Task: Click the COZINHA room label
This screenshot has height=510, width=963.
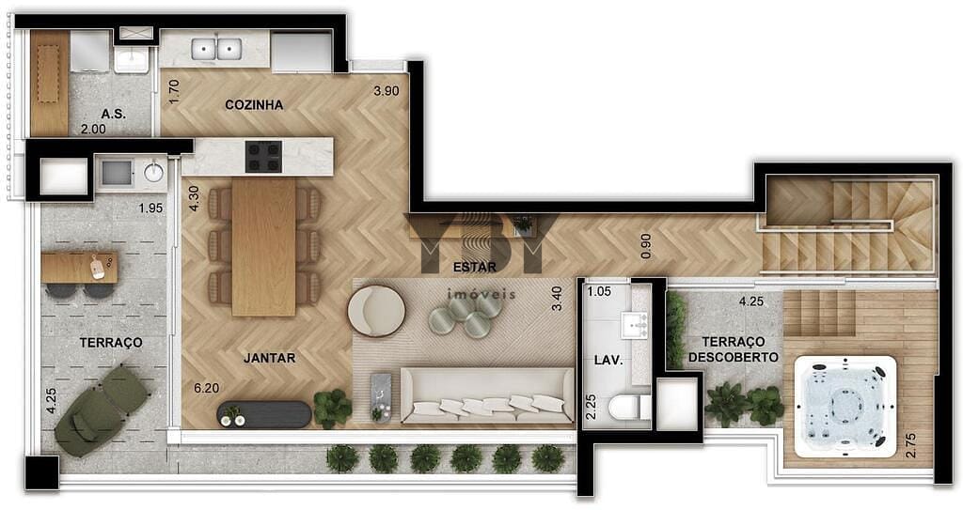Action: tap(254, 105)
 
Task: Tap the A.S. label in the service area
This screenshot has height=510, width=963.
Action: tap(113, 114)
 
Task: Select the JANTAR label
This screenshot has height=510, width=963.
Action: tap(270, 358)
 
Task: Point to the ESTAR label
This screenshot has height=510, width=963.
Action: tap(474, 267)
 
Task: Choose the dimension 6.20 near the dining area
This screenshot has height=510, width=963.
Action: tap(207, 387)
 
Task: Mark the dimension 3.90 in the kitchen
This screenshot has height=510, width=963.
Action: tap(387, 91)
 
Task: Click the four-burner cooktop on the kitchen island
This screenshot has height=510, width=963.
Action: tap(263, 157)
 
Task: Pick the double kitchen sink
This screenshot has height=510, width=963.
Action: tap(216, 49)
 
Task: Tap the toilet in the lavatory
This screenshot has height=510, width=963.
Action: tap(624, 408)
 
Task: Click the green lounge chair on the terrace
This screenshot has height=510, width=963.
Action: tap(101, 410)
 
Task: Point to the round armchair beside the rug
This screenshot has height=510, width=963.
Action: tap(376, 310)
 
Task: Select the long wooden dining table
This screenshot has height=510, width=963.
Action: tap(263, 246)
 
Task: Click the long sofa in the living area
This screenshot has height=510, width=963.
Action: tap(486, 395)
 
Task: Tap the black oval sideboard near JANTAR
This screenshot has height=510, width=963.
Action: tap(264, 414)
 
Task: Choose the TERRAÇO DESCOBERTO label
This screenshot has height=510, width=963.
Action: tap(733, 349)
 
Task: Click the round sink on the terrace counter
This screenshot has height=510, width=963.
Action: tap(153, 173)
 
